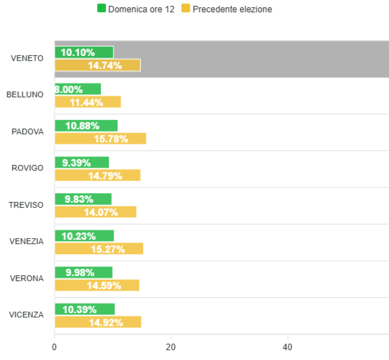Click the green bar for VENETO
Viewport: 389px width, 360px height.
tap(84, 52)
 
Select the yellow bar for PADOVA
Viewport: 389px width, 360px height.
tap(100, 139)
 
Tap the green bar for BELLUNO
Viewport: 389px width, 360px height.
tap(78, 89)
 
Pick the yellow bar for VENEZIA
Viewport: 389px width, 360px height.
tap(99, 249)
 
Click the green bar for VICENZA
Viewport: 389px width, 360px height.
tap(85, 309)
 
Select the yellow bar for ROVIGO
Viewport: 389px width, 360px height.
tap(98, 176)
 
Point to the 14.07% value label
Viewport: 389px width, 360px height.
tap(101, 212)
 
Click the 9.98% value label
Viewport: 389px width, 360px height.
tap(80, 273)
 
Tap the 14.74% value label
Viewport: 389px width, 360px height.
tap(105, 65)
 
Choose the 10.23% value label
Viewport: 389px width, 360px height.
tap(78, 236)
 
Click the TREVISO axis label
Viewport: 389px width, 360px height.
tap(26, 205)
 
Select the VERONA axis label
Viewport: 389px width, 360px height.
tap(27, 278)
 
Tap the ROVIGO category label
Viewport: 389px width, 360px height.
tap(27, 168)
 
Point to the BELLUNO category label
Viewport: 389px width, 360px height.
tap(25, 95)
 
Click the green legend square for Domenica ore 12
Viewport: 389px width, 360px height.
tap(101, 9)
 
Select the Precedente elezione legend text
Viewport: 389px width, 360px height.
tap(232, 9)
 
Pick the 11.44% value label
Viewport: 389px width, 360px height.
tap(86, 102)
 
